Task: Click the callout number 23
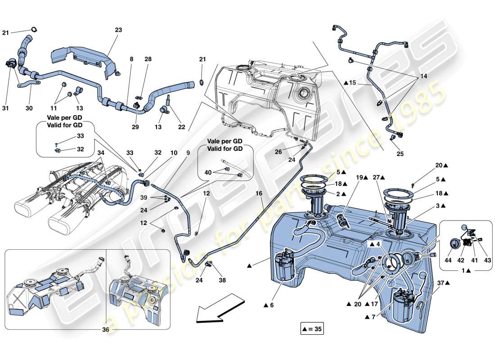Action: [x=118, y=30]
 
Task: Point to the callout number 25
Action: [x=400, y=153]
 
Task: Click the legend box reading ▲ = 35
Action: [x=312, y=329]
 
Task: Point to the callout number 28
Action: [x=148, y=59]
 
